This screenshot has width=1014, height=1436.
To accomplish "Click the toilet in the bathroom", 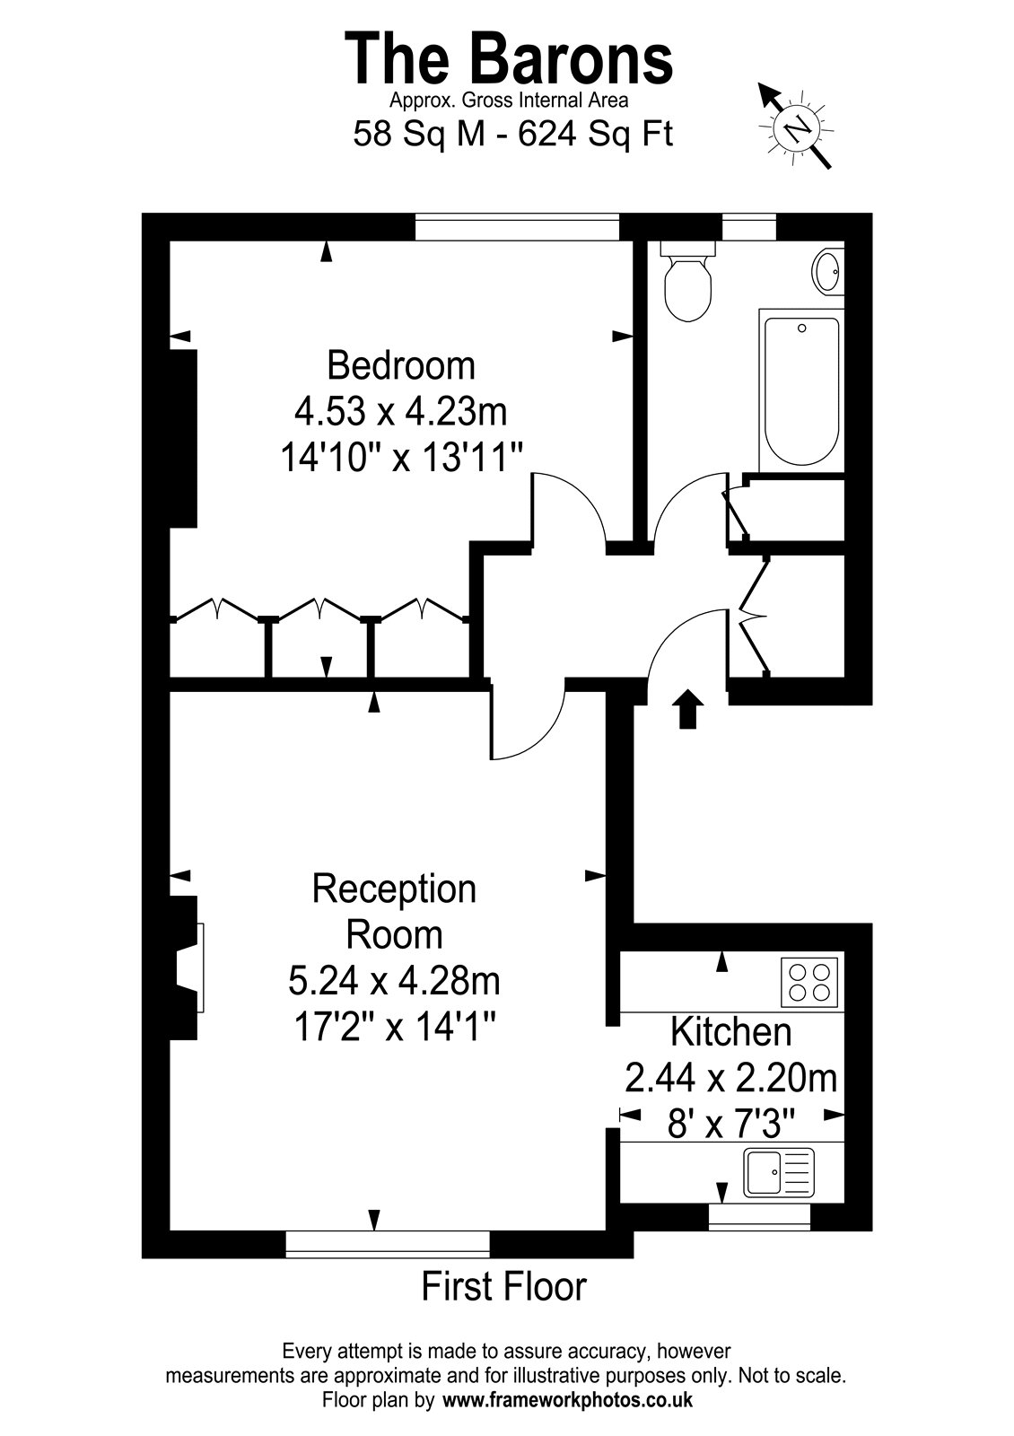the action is [x=687, y=281].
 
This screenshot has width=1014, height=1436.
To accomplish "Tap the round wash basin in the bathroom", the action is [x=828, y=271].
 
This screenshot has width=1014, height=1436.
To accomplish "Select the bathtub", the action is [x=802, y=391].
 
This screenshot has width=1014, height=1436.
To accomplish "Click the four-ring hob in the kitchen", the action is [x=809, y=982].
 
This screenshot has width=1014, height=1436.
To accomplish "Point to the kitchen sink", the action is [x=779, y=1172].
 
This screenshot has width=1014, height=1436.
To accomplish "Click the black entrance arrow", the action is [x=687, y=708].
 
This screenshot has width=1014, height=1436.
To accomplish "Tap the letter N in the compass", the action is [x=798, y=129].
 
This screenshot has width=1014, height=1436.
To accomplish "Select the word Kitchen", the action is [x=730, y=1032].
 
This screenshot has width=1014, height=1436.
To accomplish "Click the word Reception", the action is [x=394, y=890].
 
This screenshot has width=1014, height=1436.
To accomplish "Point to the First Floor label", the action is [x=503, y=1285].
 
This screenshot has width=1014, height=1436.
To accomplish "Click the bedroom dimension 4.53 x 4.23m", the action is [x=400, y=412].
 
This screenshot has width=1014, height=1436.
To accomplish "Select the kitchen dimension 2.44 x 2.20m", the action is [x=730, y=1078].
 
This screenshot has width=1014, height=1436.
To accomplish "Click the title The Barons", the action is [x=509, y=59].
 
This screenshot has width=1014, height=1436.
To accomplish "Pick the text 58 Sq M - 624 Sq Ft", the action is [x=512, y=134].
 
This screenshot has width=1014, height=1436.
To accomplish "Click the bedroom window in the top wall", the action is [x=517, y=227].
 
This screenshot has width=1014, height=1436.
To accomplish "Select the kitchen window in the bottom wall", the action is [x=759, y=1217].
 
